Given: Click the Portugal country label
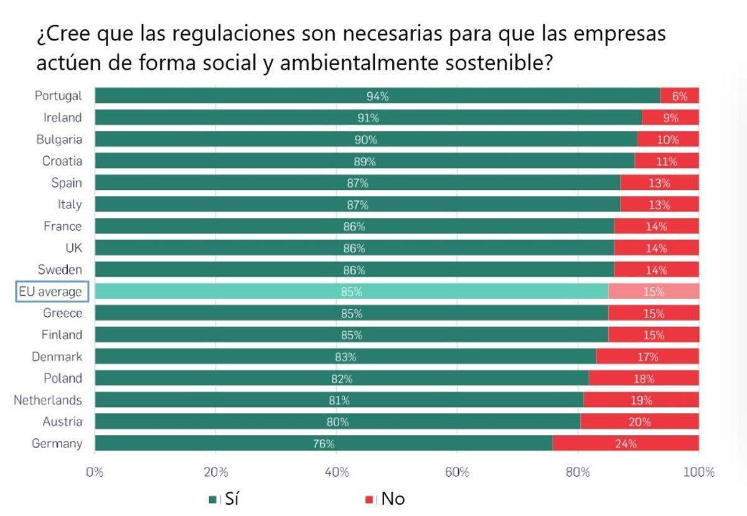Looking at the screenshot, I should [x=58, y=96].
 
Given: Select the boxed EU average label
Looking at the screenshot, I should [x=52, y=291].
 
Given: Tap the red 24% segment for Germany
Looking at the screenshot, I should [x=626, y=443].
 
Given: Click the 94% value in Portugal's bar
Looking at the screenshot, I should [x=377, y=96].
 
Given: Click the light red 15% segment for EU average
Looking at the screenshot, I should [x=654, y=291].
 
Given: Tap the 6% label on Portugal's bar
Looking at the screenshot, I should [x=680, y=96].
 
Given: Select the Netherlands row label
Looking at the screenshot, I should [x=48, y=400].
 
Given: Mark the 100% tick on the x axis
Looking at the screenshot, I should [x=698, y=472].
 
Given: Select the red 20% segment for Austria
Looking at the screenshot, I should [x=639, y=421].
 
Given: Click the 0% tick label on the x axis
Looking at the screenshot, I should [x=95, y=472].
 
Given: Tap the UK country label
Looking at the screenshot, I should [x=73, y=248].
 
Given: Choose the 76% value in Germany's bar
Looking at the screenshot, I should [x=324, y=443].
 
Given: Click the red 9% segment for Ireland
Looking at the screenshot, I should [x=670, y=118].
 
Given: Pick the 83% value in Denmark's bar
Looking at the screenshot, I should [x=345, y=357].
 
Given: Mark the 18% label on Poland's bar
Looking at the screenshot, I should [x=644, y=378].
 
